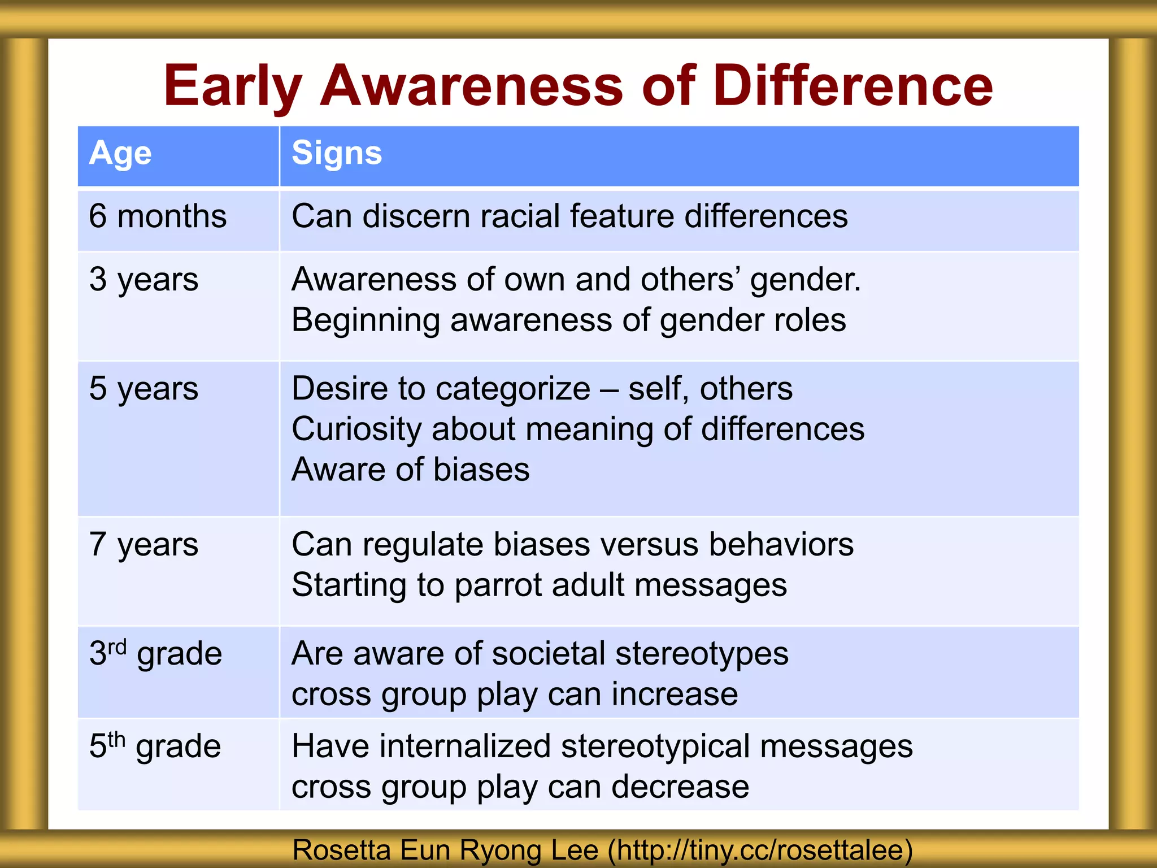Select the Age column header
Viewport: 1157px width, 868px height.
120,153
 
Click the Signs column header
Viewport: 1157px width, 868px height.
337,153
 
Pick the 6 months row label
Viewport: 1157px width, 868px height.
158,216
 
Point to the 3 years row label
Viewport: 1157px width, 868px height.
143,280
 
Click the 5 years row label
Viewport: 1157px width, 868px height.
143,389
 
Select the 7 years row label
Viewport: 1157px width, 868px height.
143,545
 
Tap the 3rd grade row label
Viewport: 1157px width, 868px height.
155,654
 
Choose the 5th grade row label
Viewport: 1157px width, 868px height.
155,746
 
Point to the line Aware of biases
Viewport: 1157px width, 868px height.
411,470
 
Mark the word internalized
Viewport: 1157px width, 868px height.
465,746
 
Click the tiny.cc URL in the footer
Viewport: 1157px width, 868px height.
759,850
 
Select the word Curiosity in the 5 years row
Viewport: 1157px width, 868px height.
356,429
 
